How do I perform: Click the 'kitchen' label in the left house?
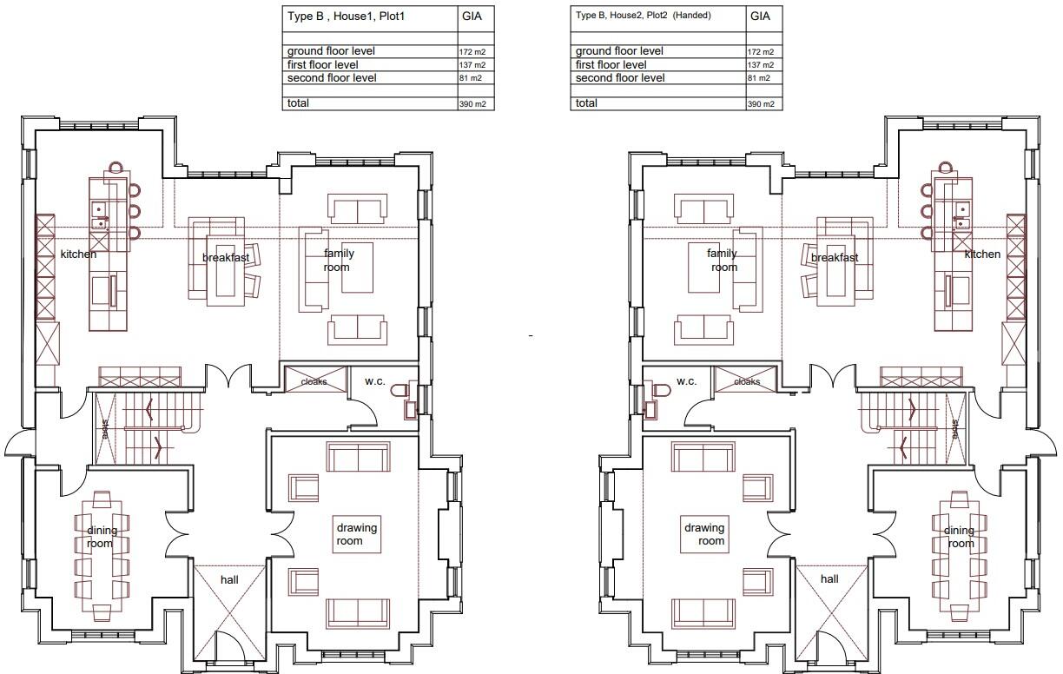point(78,254)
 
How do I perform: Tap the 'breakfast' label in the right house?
point(835,258)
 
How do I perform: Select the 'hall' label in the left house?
point(229,579)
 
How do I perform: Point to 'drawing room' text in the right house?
point(704,534)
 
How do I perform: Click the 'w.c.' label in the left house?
point(375,381)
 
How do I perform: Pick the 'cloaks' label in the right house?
point(747,381)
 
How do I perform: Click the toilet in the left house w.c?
point(399,391)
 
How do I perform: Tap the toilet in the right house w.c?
point(662,391)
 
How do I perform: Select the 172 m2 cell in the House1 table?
point(472,52)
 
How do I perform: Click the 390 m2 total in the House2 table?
point(761,104)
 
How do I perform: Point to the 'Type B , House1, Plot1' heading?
point(346,17)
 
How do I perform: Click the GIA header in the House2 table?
point(760,17)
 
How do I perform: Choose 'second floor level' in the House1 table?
point(332,78)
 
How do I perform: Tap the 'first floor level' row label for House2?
point(611,64)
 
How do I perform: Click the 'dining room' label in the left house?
point(102,537)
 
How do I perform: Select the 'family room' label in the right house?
point(723,260)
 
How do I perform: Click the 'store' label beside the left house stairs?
point(105,428)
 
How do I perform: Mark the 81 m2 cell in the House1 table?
point(471,78)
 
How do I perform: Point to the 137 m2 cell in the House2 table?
point(761,65)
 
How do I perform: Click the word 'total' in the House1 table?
point(298,103)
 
